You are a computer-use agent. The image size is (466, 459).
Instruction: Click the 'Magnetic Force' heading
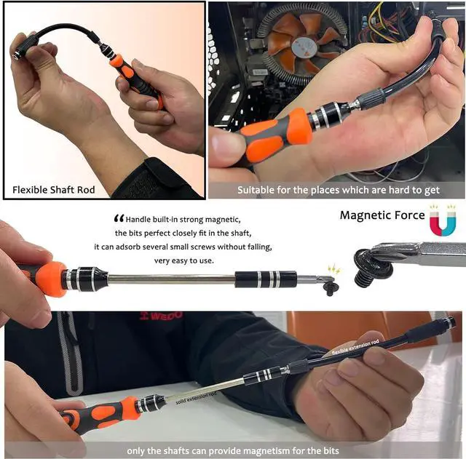382,215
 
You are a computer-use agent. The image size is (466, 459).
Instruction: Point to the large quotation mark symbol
119,218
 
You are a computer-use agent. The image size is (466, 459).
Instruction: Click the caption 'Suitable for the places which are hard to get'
339,191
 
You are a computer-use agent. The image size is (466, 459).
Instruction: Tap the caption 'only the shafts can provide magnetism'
233,450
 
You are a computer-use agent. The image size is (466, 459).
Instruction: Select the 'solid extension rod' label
196,396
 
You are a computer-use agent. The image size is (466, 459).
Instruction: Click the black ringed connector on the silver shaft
266,279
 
